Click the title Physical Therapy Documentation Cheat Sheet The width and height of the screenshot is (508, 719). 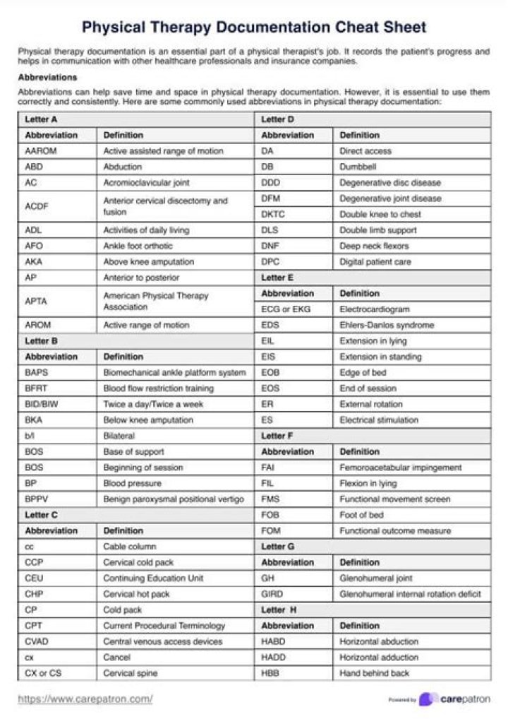254,28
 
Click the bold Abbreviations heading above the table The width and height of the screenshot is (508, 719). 47,77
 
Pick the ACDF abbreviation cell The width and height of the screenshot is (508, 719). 37,206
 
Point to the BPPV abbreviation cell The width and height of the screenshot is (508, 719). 37,499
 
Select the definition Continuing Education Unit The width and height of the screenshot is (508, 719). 153,578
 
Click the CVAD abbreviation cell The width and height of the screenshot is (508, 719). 39,641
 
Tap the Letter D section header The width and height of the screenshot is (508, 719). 277,119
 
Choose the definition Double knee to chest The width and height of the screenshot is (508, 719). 380,214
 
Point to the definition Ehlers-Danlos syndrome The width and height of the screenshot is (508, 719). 387,326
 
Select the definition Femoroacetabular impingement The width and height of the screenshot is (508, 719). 401,468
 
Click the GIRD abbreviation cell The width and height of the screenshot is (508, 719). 272,594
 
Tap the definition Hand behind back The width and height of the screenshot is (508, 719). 374,673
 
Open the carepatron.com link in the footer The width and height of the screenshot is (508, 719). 85,699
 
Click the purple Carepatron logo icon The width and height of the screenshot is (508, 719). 426,699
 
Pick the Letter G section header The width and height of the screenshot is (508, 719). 278,547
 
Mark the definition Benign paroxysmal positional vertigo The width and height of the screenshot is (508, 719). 174,499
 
